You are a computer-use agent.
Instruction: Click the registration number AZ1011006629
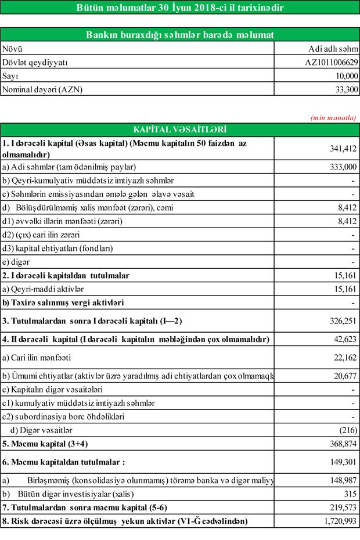(x=332, y=62)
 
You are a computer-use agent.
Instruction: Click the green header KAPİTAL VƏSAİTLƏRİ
(x=180, y=129)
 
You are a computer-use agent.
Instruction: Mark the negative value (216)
(x=348, y=430)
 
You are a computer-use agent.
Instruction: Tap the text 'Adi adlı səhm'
(x=333, y=49)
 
